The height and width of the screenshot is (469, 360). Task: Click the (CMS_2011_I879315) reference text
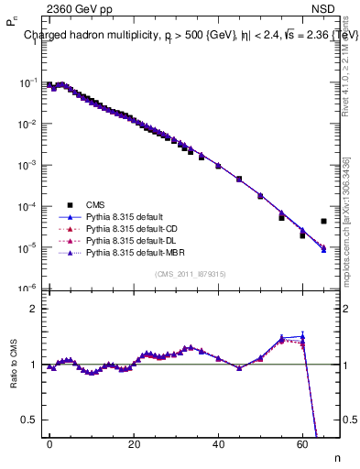tap(191, 273)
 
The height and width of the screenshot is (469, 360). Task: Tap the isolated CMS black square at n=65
tap(323, 221)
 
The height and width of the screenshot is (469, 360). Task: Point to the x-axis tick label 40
tap(218, 443)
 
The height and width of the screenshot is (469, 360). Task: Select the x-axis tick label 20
tap(134, 443)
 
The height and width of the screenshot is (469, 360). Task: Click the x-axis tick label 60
tap(302, 443)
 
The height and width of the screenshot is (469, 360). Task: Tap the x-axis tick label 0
tap(49, 443)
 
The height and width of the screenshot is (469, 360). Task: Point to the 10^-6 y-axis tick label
tap(25, 289)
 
